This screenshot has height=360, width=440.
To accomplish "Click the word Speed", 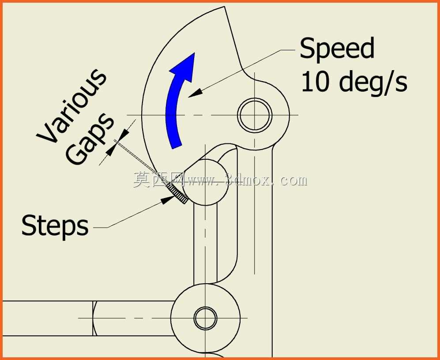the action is click(337, 50).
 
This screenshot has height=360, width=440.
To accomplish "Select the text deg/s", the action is click(372, 82).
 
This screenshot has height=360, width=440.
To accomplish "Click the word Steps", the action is click(55, 226).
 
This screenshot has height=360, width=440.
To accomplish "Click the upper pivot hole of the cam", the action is click(255, 115).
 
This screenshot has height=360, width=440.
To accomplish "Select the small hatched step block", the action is click(177, 193).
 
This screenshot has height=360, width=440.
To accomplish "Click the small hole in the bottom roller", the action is click(205, 318).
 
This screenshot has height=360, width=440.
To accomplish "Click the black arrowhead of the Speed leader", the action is click(195, 93).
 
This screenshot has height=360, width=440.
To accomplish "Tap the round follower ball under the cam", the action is click(206, 182).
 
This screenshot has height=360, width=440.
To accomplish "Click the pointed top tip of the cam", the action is click(224, 7).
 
